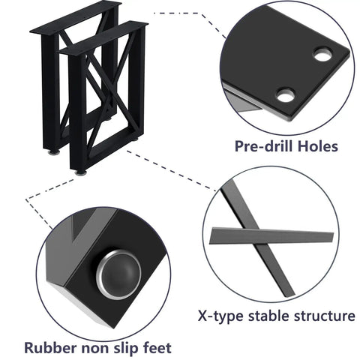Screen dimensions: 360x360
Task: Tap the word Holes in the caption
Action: [x=318, y=145]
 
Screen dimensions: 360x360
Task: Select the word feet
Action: [x=157, y=348]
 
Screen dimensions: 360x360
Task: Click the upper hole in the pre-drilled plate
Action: [x=322, y=55]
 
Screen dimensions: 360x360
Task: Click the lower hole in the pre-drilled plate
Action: [x=286, y=95]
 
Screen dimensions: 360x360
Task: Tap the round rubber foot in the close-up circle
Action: [x=118, y=274]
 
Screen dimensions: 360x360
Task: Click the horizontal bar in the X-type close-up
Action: [x=271, y=235]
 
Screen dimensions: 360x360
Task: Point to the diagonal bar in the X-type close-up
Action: [x=257, y=238]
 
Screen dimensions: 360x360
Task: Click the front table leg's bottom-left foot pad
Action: [x=81, y=172]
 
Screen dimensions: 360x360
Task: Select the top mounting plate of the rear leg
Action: [x=75, y=17]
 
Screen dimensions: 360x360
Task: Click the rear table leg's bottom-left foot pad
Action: [x=54, y=152]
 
